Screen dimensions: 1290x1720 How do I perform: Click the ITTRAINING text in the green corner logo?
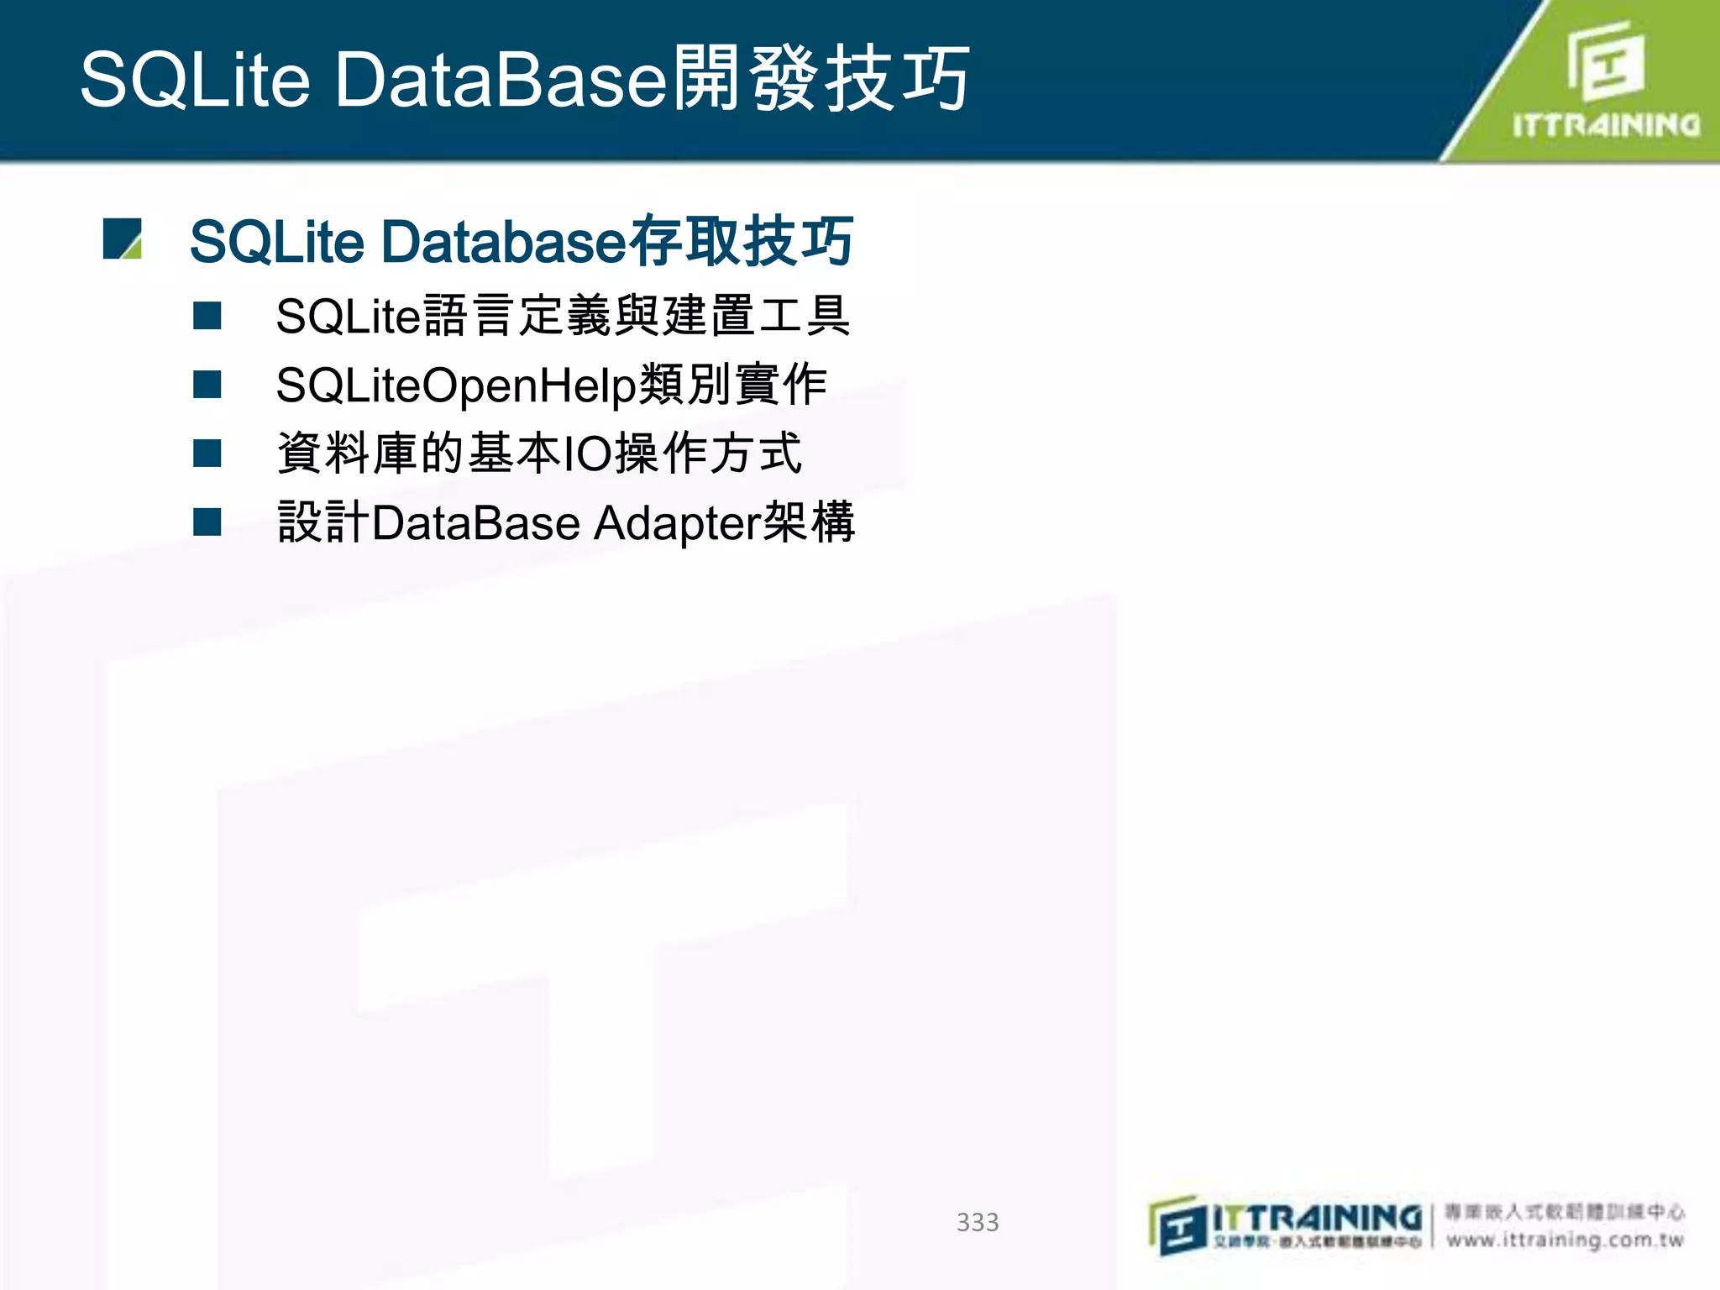1606,126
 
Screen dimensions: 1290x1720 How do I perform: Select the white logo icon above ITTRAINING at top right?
1605,60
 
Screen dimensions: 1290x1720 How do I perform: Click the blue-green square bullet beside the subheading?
122,239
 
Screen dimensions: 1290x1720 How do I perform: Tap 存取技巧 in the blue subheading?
742,241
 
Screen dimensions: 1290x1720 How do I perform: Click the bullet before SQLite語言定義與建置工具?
207,316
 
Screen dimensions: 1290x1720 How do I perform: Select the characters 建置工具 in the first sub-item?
756,316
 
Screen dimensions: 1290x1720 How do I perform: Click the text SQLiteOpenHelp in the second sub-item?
456,385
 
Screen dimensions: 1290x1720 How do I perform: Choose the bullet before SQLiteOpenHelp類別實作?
207,385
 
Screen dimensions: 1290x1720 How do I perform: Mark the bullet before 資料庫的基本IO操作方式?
207,454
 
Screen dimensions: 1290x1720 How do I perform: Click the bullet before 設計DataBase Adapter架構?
207,522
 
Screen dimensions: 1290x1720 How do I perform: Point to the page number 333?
978,1222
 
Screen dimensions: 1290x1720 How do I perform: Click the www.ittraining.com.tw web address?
1565,1240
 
